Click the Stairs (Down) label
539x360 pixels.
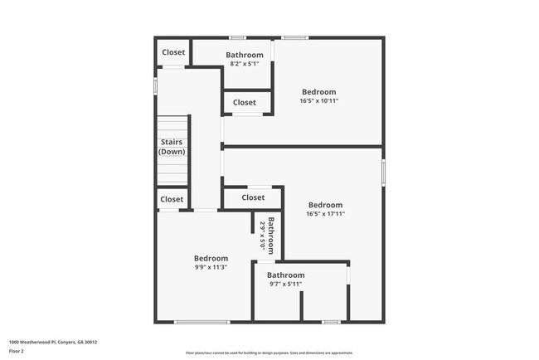tap(172, 147)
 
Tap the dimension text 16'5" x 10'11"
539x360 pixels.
tap(319, 101)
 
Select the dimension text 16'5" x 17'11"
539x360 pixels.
tap(325, 214)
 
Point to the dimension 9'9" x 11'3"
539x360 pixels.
tap(211, 267)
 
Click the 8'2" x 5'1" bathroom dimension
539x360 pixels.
tap(244, 64)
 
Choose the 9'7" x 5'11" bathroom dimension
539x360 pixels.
tap(285, 285)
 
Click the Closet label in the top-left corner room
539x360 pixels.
tap(173, 52)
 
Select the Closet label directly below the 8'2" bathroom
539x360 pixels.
tap(245, 103)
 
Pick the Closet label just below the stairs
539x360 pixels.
tap(172, 199)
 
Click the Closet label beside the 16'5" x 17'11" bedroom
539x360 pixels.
tap(253, 197)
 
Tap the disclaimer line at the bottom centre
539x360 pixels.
tap(269, 353)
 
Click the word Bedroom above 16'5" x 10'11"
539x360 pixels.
tap(319, 92)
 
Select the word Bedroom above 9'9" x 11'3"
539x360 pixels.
tap(211, 258)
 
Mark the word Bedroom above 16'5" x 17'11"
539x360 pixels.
tap(325, 205)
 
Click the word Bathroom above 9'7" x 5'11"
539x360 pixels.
tap(285, 275)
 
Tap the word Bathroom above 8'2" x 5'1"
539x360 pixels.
tap(244, 56)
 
